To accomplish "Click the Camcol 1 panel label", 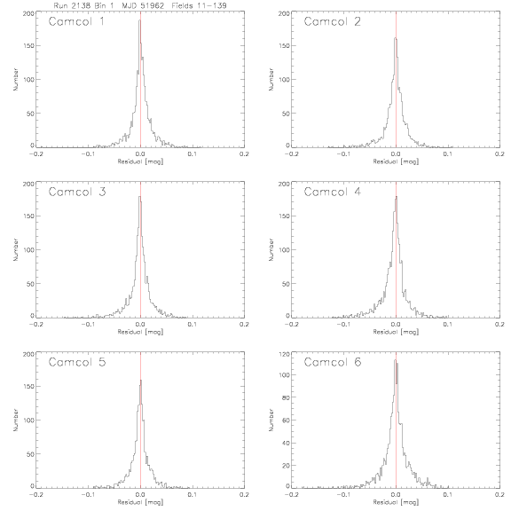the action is click(x=76, y=21).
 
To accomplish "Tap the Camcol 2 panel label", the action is click(x=332, y=21).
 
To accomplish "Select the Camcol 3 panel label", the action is click(x=77, y=192).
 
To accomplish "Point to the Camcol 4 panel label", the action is click(x=333, y=192).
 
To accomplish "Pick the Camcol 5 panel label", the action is click(x=77, y=362).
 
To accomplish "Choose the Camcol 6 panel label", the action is click(x=333, y=362).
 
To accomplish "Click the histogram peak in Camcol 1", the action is click(x=139, y=20).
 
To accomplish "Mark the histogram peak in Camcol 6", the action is click(x=395, y=360).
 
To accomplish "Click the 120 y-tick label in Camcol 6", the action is click(x=284, y=354).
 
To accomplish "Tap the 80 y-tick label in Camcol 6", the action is click(x=286, y=397).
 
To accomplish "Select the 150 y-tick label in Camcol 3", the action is click(x=28, y=216).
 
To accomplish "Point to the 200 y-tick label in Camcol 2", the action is click(x=284, y=13).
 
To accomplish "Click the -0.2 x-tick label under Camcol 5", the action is click(x=35, y=495).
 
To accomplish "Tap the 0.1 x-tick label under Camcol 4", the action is click(x=448, y=325).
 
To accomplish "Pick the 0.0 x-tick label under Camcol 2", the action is click(x=396, y=153).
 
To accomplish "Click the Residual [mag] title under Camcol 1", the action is click(x=140, y=161).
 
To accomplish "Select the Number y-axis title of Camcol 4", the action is click(x=271, y=249).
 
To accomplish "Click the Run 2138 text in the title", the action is click(x=73, y=5).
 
